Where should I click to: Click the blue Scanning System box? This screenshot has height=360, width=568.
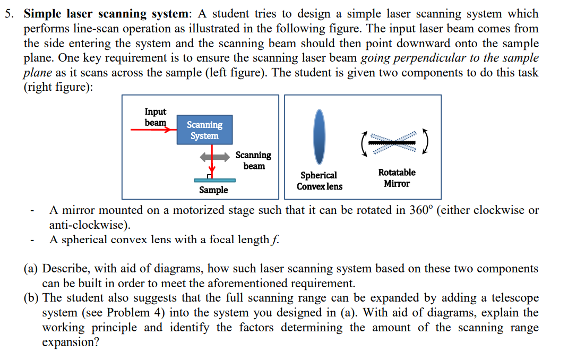[204, 130]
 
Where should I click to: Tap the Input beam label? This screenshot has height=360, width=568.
[155, 117]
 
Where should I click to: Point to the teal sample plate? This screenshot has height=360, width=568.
[214, 181]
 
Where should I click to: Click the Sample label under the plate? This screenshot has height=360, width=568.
[213, 190]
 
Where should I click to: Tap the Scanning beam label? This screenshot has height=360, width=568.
[253, 160]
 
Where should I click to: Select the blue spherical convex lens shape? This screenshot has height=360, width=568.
[319, 136]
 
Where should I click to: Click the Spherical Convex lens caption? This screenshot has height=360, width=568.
[319, 181]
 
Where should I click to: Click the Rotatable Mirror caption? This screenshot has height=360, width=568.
[397, 178]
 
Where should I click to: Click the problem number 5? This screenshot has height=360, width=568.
[9, 14]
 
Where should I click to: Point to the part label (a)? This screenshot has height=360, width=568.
[31, 269]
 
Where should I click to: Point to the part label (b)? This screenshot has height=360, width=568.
[31, 298]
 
